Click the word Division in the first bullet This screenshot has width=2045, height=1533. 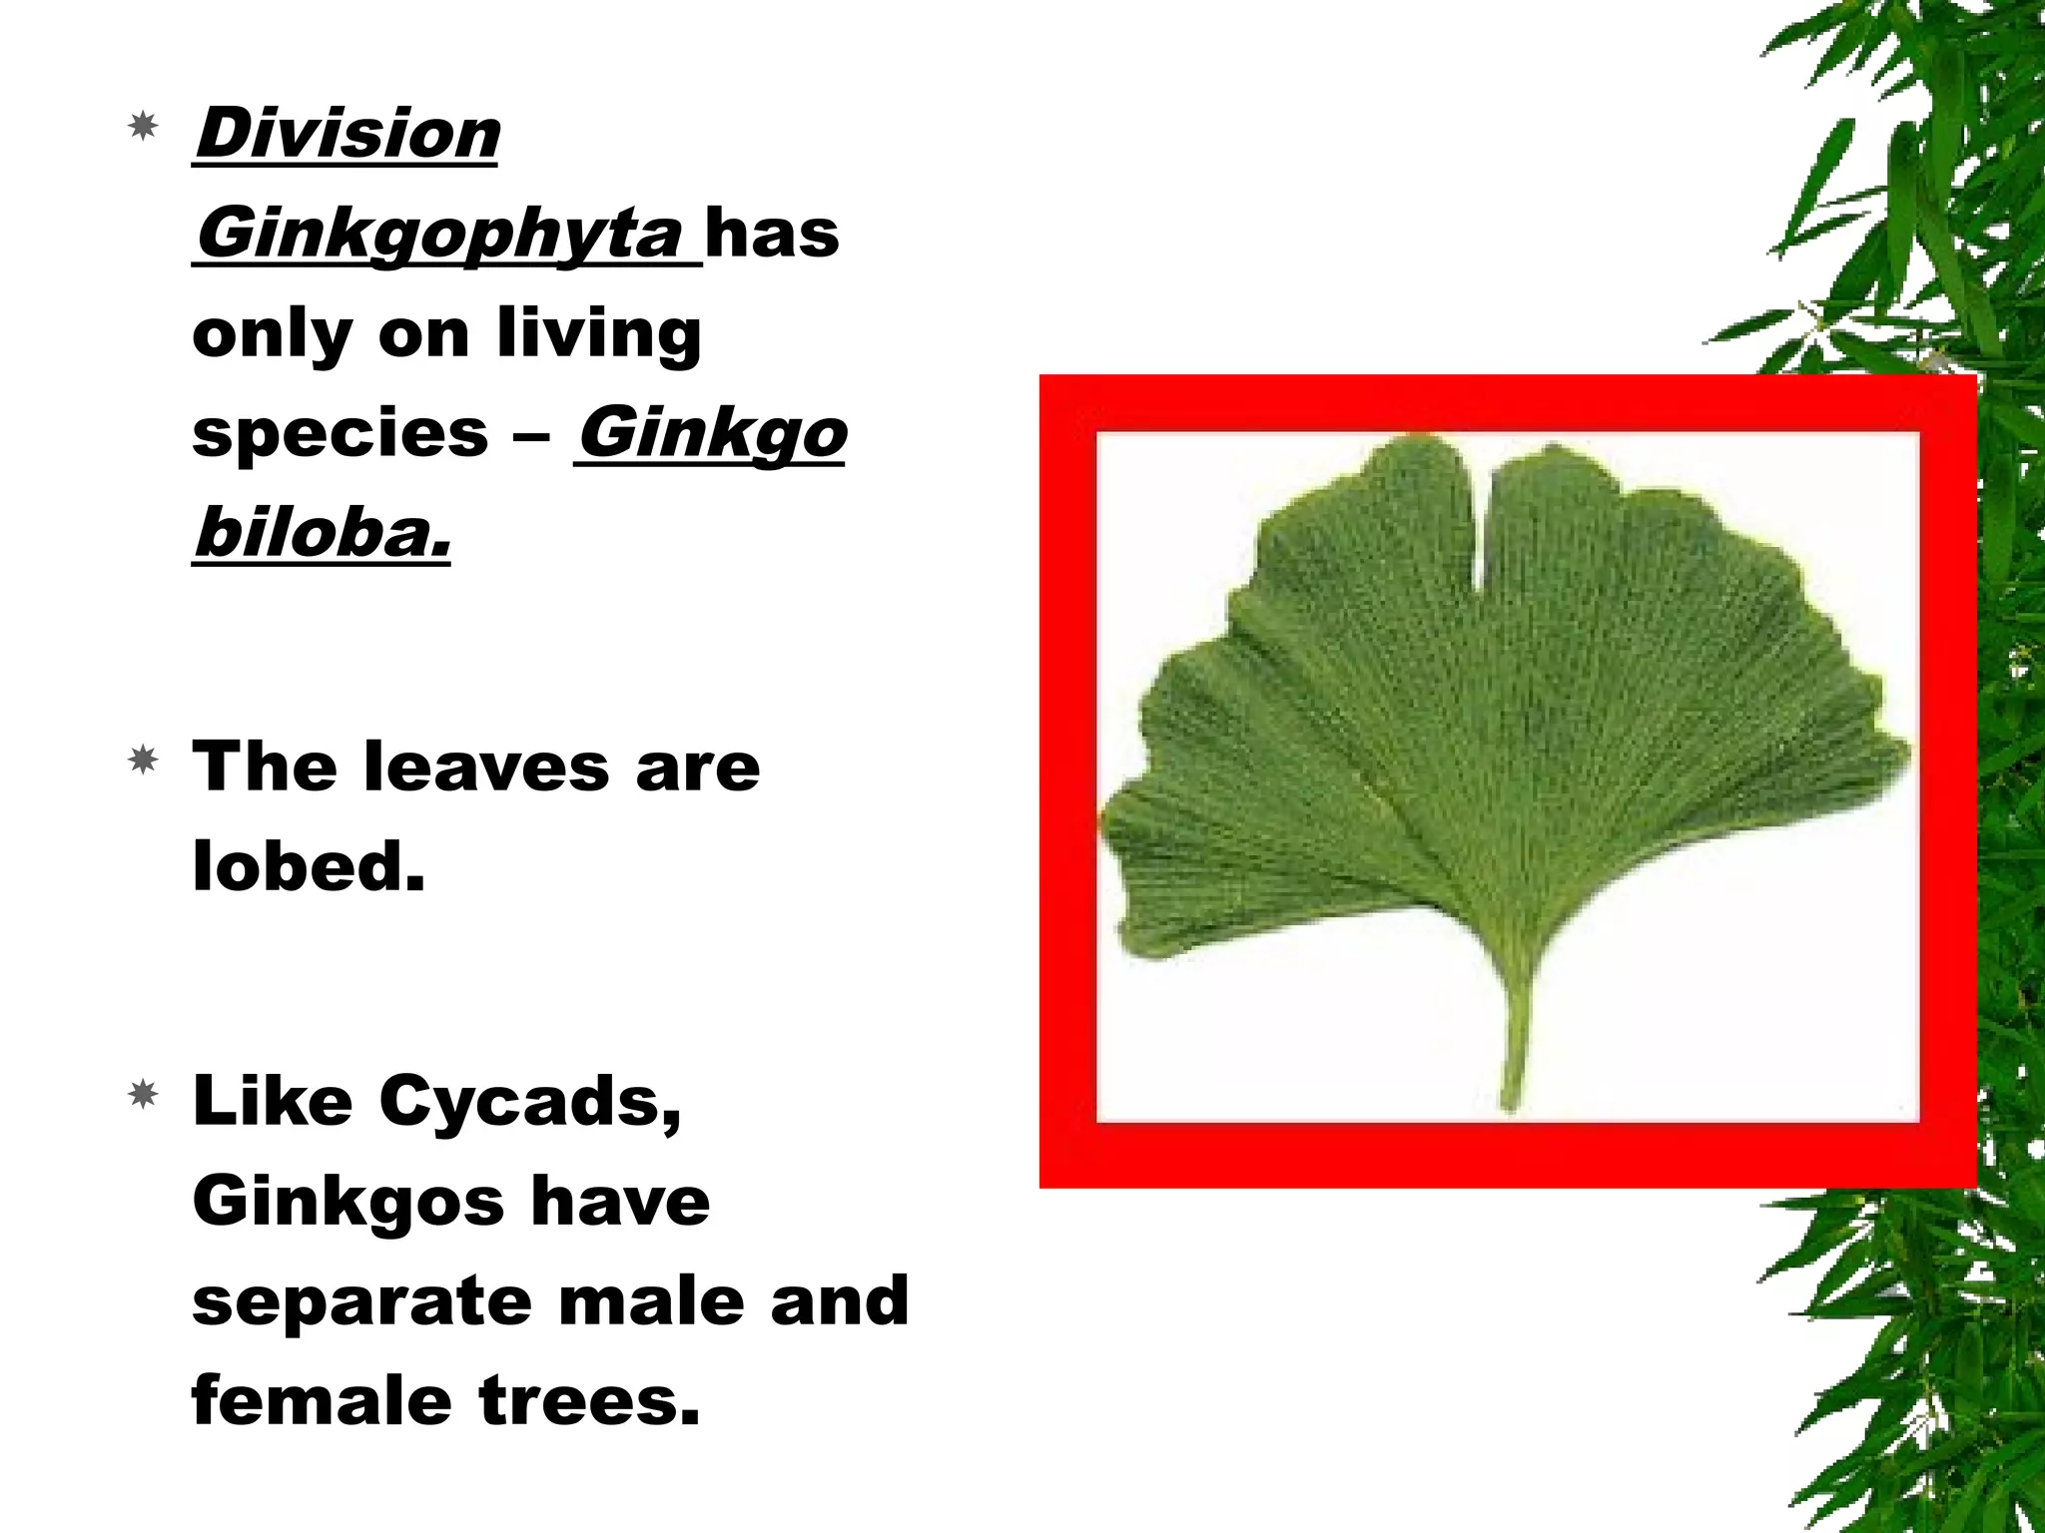[346, 134]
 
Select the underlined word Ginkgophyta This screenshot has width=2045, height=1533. [439, 236]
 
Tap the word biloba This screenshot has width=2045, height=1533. [322, 533]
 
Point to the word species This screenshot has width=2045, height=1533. [340, 434]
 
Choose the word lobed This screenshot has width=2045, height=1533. [309, 866]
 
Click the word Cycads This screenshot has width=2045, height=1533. [530, 1103]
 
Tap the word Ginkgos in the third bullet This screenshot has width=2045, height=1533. [348, 1201]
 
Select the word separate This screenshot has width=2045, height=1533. [362, 1301]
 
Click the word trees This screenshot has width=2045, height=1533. [589, 1400]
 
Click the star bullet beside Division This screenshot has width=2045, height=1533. [144, 126]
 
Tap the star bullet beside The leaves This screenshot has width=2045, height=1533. [144, 762]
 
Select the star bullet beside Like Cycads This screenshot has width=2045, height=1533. [144, 1096]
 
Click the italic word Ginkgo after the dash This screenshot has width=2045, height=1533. [711, 434]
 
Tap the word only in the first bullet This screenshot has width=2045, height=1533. [272, 336]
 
